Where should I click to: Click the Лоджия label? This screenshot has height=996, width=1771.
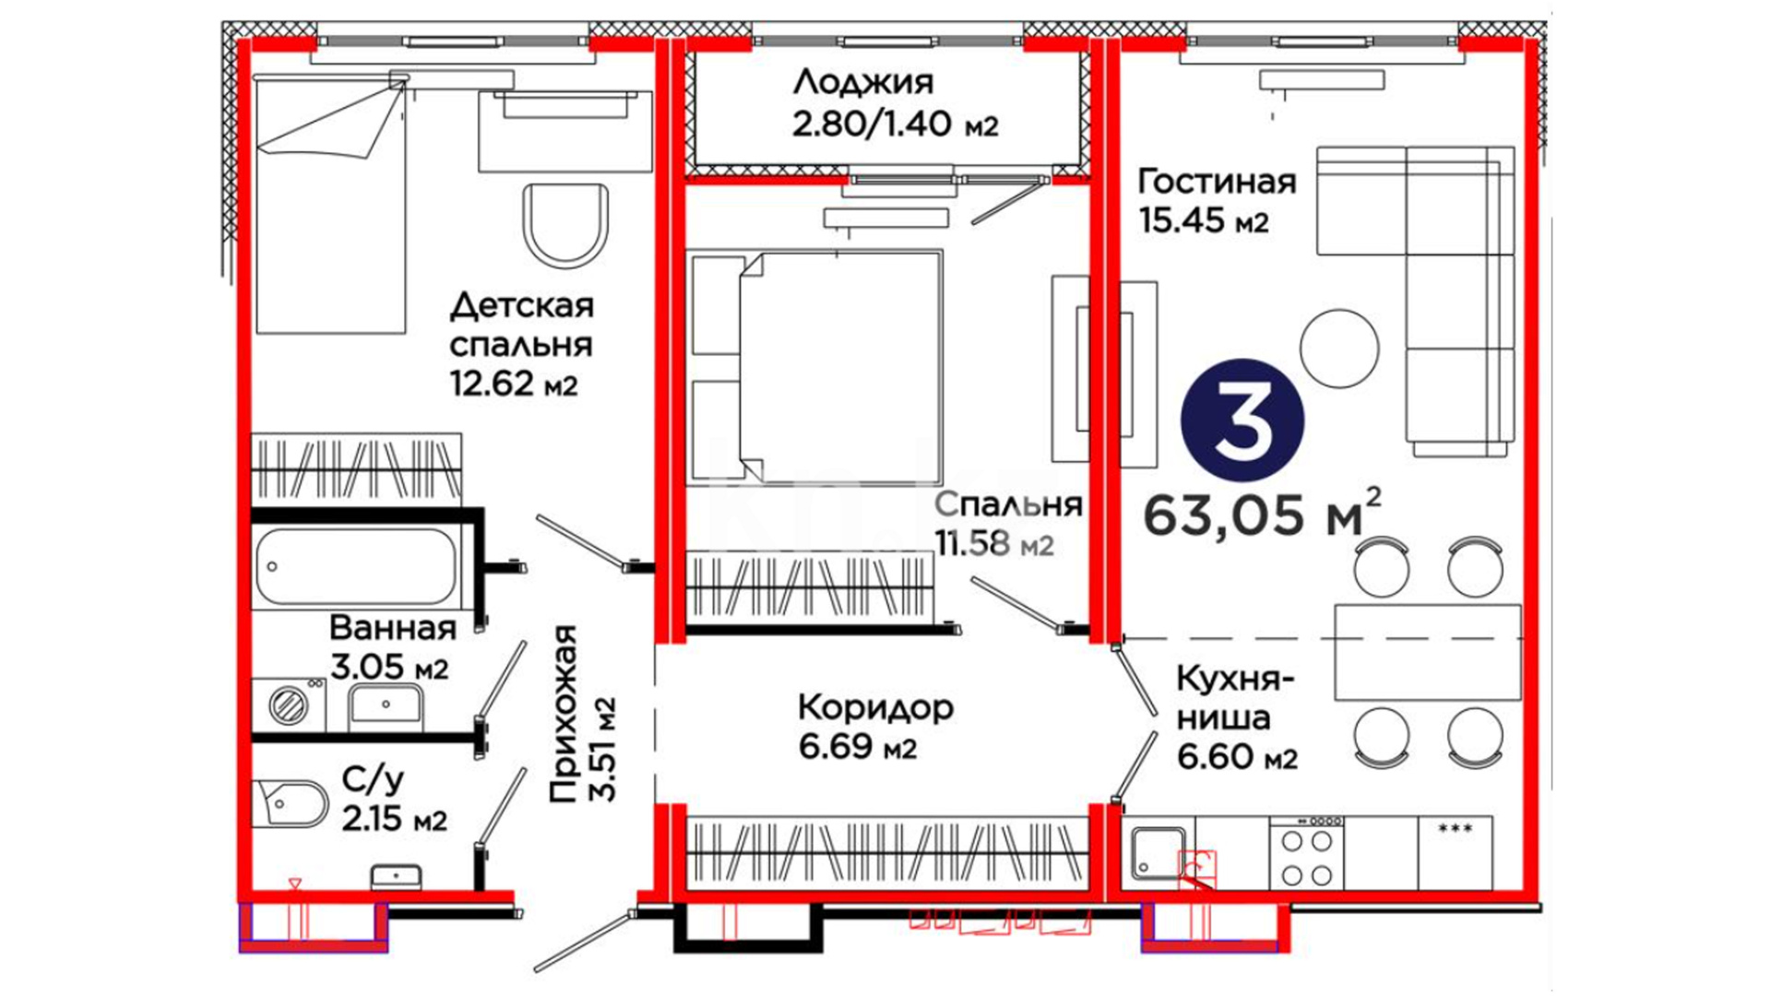(x=863, y=83)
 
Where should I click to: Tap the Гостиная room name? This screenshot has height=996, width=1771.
(x=1217, y=181)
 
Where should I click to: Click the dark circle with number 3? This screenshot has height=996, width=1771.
(x=1242, y=420)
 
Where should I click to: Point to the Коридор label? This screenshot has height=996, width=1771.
(x=875, y=708)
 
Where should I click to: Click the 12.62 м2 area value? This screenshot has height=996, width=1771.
(x=514, y=383)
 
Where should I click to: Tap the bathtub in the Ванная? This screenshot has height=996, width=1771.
(x=356, y=566)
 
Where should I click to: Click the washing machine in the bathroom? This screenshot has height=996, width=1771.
(x=289, y=705)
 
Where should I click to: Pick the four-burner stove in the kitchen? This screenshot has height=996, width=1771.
(x=1306, y=853)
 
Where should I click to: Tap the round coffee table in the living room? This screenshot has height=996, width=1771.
(x=1339, y=348)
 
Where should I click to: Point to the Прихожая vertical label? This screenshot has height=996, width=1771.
(x=581, y=713)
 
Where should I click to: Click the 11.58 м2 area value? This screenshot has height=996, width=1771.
(x=994, y=543)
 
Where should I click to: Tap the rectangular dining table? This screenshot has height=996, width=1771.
(x=1428, y=652)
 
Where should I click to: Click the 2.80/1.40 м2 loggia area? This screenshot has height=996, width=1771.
(x=895, y=124)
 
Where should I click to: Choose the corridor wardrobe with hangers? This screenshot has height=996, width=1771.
(x=887, y=853)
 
